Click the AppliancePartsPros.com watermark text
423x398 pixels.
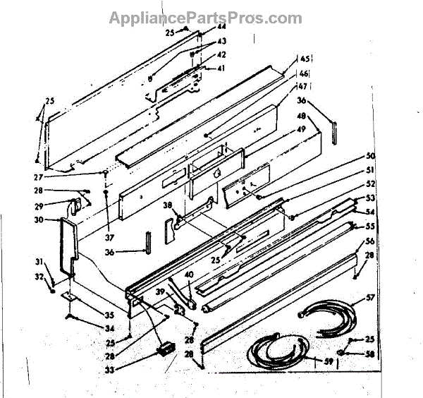point(205,18)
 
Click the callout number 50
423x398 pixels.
point(370,155)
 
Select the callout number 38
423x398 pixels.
point(168,205)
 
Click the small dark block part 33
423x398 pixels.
point(167,346)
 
